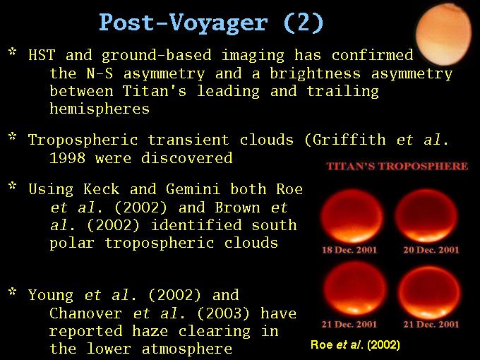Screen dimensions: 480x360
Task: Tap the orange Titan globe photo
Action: pos(444,34)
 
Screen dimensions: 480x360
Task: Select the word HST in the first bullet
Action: pos(42,55)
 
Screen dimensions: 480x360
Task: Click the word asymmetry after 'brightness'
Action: pos(412,74)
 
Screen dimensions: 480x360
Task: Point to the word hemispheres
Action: pos(100,109)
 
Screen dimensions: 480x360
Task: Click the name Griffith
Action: pos(349,140)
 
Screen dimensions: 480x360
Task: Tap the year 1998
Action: pos(67,158)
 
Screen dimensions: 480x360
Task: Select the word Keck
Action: pos(102,189)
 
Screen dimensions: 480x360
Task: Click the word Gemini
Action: pos(193,189)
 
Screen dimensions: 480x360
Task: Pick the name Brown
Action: pos(237,208)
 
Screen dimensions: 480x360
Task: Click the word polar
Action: pos(72,244)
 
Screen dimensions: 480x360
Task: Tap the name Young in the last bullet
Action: pos(51,295)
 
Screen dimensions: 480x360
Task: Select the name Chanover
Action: pos(85,313)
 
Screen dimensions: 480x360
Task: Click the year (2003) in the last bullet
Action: pos(224,313)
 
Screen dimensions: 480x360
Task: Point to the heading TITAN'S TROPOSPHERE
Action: pos(397,166)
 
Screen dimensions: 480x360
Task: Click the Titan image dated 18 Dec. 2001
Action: pos(352,216)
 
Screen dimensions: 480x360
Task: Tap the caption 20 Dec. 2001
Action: pos(431,250)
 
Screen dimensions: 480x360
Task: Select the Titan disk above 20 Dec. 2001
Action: pos(426,216)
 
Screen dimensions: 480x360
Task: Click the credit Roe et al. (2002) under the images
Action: pos(355,344)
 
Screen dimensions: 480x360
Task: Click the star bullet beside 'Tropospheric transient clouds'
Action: pos(12,136)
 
